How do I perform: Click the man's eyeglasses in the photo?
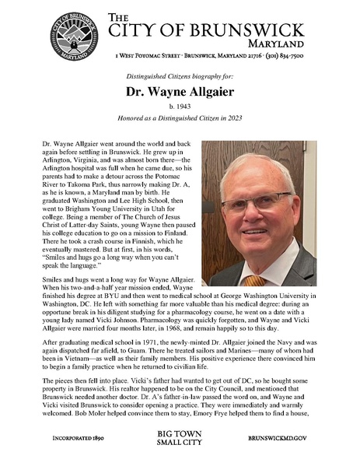(x=256, y=205)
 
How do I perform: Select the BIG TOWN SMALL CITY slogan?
(x=180, y=438)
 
